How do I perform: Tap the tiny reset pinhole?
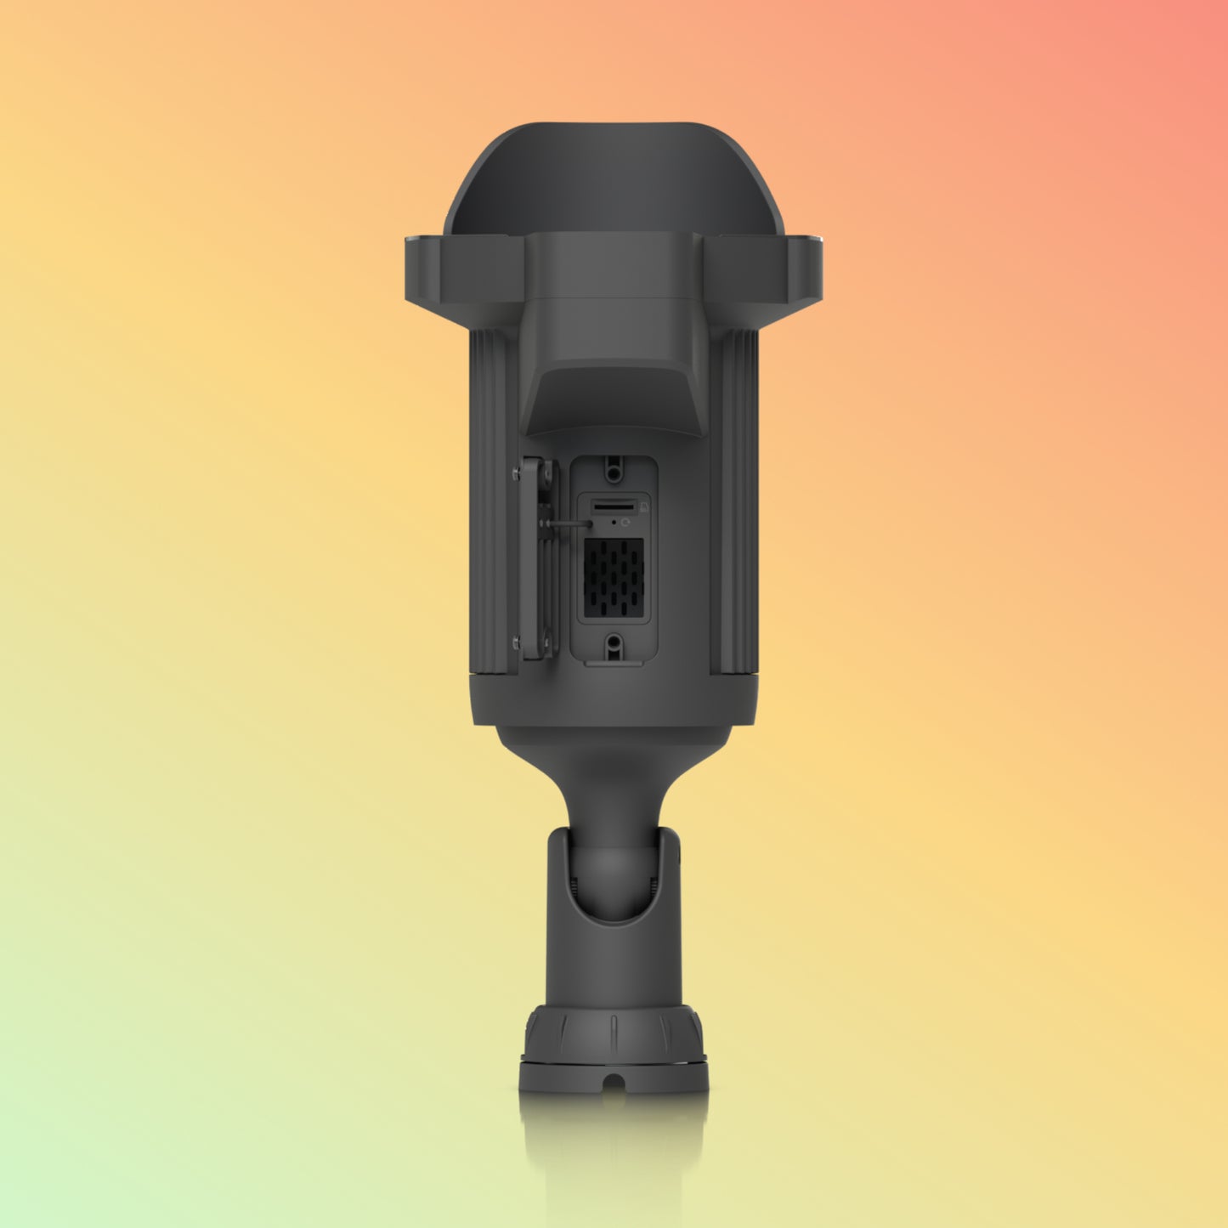pos(614,523)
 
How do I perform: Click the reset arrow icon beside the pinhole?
pos(627,523)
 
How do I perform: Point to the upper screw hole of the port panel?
pos(614,467)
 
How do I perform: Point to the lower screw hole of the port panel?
pos(614,648)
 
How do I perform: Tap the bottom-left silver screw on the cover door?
pos(517,643)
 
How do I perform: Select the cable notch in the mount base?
pos(614,1083)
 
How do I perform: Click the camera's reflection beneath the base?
pos(614,1139)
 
